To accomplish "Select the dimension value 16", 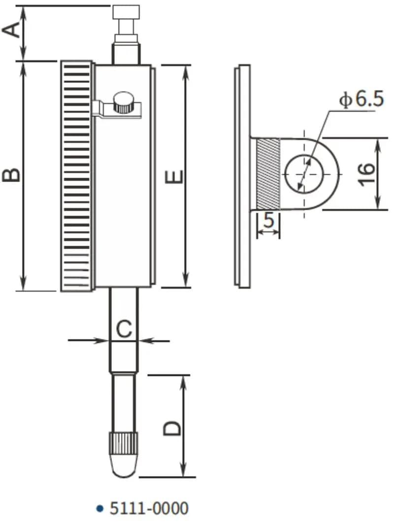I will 365,174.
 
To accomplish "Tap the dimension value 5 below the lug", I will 268,221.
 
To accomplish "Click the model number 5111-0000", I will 149,508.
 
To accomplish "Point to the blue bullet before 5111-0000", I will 100,508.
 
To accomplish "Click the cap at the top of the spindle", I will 126,12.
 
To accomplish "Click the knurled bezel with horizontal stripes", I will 77,176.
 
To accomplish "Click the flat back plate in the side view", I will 243,176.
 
